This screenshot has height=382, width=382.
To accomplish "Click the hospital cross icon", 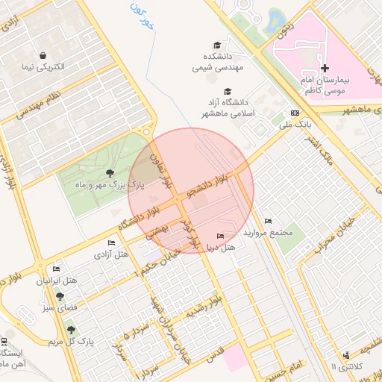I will pos(325,68).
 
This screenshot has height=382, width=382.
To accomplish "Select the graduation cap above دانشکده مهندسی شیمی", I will pos(217,46).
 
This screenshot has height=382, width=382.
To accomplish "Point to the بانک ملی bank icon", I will pos(295,113).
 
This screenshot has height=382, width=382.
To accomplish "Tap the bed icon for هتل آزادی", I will pos(111,243).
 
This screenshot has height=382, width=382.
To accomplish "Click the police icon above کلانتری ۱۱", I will pos(345,356).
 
